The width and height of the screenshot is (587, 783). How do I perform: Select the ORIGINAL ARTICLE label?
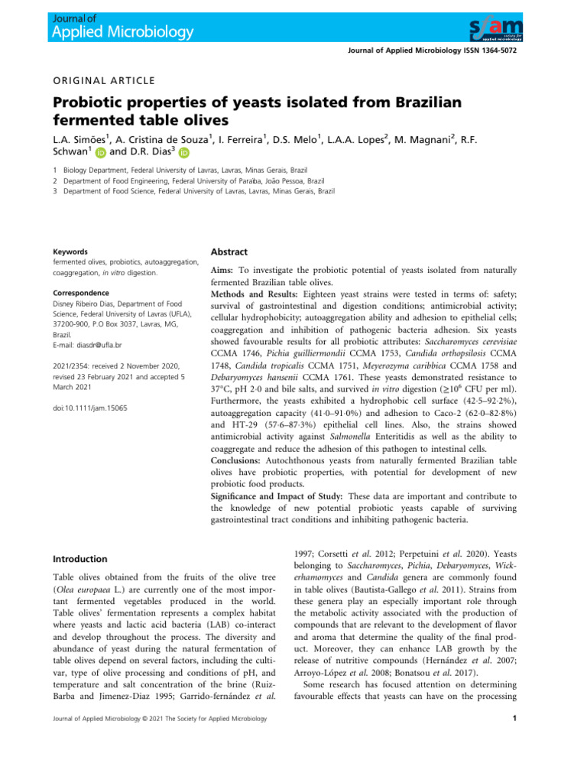pyautogui.click(x=104, y=80)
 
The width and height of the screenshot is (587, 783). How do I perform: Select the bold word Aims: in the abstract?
pyautogui.click(x=224, y=271)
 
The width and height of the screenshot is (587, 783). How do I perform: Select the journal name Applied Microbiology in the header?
pyautogui.click(x=123, y=32)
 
